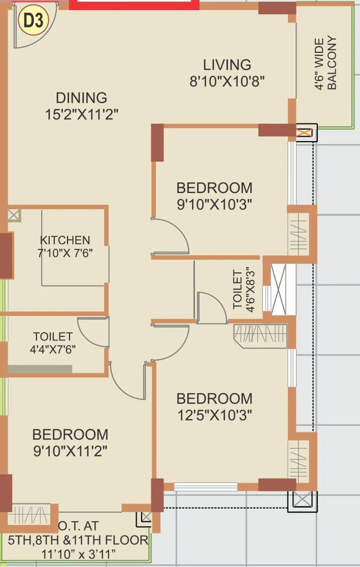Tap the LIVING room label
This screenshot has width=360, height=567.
tap(227, 65)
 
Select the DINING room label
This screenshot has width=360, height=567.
tap(81, 97)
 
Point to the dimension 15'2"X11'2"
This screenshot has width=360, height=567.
tap(81, 114)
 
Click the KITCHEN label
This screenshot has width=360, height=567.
tap(65, 240)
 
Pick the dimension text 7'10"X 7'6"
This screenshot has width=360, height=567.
tap(66, 253)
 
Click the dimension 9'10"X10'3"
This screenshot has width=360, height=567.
tap(214, 204)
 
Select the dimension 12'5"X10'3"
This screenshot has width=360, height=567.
tap(214, 415)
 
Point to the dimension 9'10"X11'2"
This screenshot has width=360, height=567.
tap(70, 451)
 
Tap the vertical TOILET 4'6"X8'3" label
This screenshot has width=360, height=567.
tap(242, 290)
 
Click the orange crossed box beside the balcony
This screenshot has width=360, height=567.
tap(304, 133)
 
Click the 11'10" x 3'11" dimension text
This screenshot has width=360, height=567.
tap(79, 553)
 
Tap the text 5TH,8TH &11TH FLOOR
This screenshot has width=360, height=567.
tap(79, 540)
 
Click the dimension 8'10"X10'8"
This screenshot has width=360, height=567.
tap(227, 81)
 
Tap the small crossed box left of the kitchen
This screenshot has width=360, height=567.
tap(14, 215)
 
